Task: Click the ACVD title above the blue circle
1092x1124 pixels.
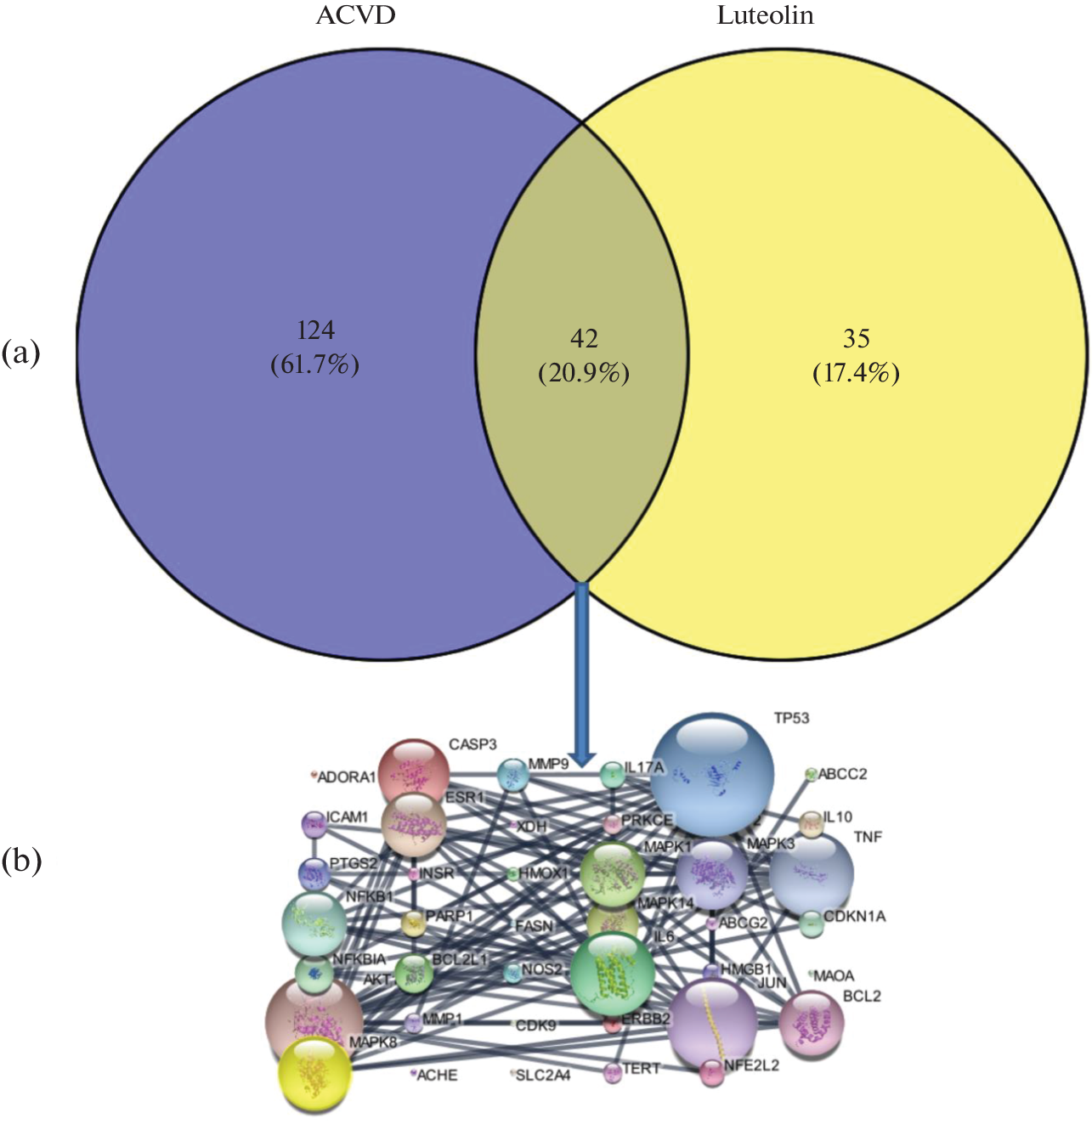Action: pyautogui.click(x=355, y=16)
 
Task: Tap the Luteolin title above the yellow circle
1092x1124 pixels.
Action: pyautogui.click(x=765, y=16)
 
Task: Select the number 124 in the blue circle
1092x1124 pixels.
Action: pyautogui.click(x=315, y=330)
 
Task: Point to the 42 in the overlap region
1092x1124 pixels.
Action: pyautogui.click(x=584, y=338)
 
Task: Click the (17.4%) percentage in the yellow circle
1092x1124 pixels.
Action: pyautogui.click(x=856, y=372)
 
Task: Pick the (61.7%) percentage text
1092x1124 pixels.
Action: pyautogui.click(x=315, y=364)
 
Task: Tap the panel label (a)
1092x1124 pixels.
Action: pyautogui.click(x=21, y=352)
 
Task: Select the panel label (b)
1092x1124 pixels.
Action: pyautogui.click(x=21, y=861)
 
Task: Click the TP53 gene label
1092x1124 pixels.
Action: pyautogui.click(x=791, y=719)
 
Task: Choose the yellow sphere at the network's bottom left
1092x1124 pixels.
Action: pyautogui.click(x=314, y=1074)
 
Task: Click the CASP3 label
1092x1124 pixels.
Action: pyautogui.click(x=472, y=745)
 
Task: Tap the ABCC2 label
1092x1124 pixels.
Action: pyautogui.click(x=842, y=774)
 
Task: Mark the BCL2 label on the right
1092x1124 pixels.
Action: pyautogui.click(x=862, y=996)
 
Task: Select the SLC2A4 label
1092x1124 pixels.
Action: pyautogui.click(x=543, y=1076)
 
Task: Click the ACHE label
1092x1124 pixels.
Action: pyautogui.click(x=437, y=1076)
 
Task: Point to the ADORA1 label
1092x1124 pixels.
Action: pyautogui.click(x=346, y=777)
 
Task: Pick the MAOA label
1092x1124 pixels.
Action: pyautogui.click(x=834, y=976)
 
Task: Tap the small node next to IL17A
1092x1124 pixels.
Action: pyautogui.click(x=612, y=774)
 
